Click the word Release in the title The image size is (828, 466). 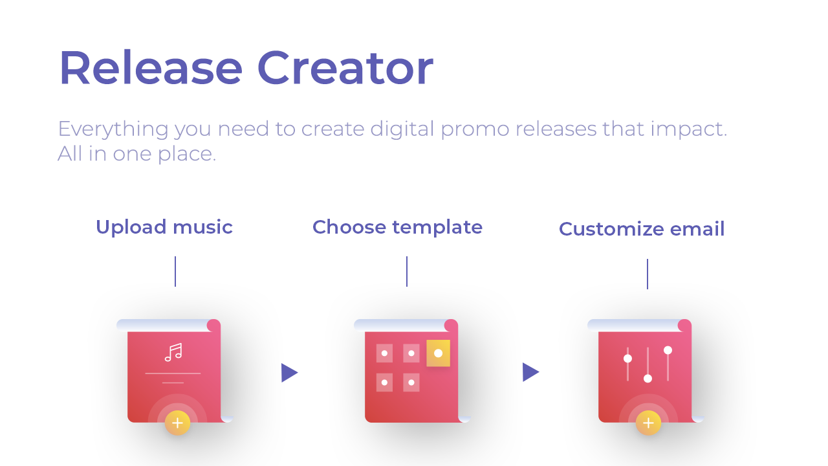pyautogui.click(x=151, y=68)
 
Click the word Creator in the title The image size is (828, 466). pyautogui.click(x=345, y=68)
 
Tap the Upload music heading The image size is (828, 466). pyautogui.click(x=164, y=227)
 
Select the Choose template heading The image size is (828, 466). pyautogui.click(x=397, y=227)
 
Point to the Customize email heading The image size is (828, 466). pyautogui.click(x=642, y=229)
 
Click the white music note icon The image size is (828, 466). pyautogui.click(x=173, y=352)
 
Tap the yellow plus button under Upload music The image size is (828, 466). pyautogui.click(x=177, y=423)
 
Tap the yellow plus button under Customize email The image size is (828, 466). pyautogui.click(x=648, y=423)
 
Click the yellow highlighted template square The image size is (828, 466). pyautogui.click(x=438, y=353)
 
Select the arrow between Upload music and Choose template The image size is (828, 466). pyautogui.click(x=289, y=372)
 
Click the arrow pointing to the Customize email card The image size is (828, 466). pyautogui.click(x=530, y=372)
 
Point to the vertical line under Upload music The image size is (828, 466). pyautogui.click(x=175, y=271)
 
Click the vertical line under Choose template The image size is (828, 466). pyautogui.click(x=407, y=271)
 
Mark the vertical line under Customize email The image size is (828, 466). pyautogui.click(x=648, y=274)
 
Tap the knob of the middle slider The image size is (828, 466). pyautogui.click(x=648, y=379)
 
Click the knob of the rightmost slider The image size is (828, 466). pyautogui.click(x=668, y=350)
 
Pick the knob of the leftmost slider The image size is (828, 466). pyautogui.click(x=627, y=359)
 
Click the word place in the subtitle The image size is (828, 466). pyautogui.click(x=187, y=155)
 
